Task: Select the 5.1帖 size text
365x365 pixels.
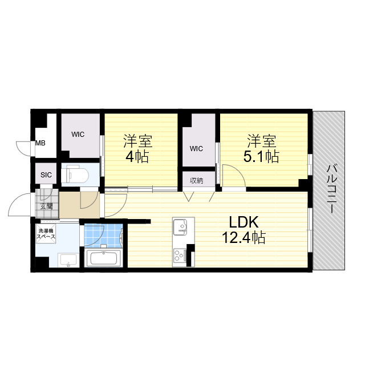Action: [261, 156]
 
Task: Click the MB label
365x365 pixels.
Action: [40, 143]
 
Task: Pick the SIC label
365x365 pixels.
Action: [46, 175]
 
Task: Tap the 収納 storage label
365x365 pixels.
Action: [196, 180]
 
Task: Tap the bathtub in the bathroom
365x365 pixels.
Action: [103, 258]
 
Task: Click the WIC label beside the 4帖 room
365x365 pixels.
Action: [78, 135]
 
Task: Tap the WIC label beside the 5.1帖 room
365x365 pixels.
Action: [196, 149]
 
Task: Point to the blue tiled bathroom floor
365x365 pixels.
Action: [103, 235]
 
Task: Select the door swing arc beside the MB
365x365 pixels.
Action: [23, 147]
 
